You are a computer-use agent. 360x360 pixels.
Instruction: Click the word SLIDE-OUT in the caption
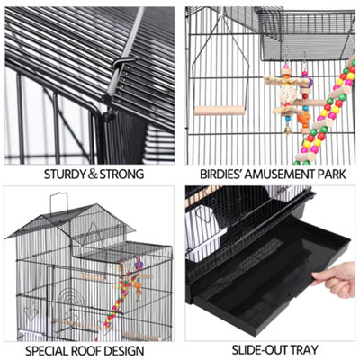(x=256, y=347)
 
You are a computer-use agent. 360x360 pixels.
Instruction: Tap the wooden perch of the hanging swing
(x=221, y=111)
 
